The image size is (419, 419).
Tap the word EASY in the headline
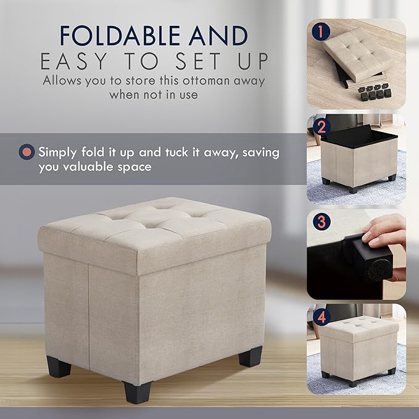click(74, 61)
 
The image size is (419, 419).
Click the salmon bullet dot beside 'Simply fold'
click(27, 152)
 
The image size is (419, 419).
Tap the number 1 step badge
click(321, 32)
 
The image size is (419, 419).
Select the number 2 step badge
click(322, 127)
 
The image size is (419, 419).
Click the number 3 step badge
click(322, 222)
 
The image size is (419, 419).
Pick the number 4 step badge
click(322, 317)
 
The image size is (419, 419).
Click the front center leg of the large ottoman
click(137, 392)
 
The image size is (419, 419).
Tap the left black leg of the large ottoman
click(59, 367)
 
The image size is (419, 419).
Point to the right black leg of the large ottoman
click(251, 357)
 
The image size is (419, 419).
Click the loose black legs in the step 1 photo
click(375, 92)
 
